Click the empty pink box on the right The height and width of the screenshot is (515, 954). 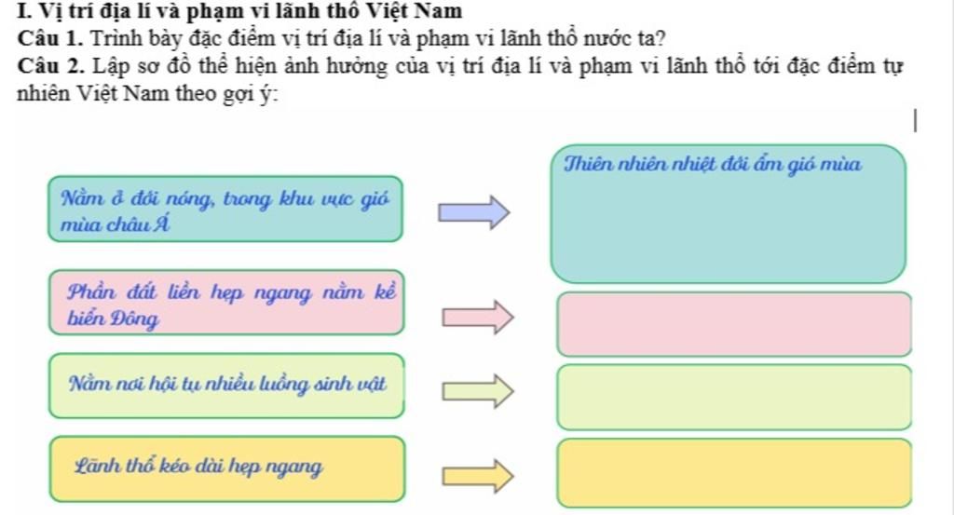[x=734, y=324]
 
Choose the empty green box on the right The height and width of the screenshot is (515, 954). [x=734, y=397]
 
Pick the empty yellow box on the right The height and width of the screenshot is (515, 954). [x=734, y=472]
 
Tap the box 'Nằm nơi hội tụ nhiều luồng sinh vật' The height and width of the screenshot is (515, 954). [x=227, y=385]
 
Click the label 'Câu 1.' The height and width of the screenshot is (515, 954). [x=48, y=40]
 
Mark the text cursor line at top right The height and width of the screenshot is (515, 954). [x=917, y=121]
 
